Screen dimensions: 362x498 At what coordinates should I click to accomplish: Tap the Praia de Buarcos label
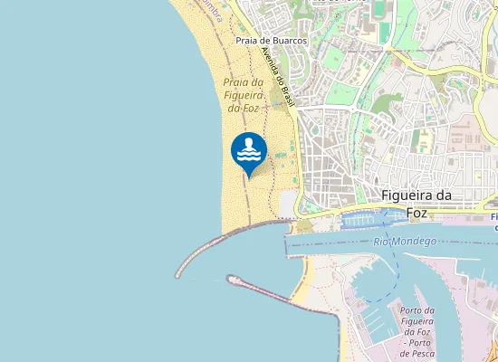pos(271,41)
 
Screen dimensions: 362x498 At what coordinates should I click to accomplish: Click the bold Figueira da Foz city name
pos(417,205)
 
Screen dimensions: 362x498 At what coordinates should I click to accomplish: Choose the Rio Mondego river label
pos(405,242)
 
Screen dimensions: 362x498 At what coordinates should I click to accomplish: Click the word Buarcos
pos(288,41)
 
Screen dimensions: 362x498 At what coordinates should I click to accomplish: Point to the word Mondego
pos(416,242)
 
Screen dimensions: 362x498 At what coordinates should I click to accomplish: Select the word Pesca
pos(426,354)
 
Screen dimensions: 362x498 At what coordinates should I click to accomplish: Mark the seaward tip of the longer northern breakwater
pos(178,273)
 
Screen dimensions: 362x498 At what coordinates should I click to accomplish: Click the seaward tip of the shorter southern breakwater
pos(230,280)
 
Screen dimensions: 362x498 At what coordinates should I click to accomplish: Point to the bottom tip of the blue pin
pos(249,176)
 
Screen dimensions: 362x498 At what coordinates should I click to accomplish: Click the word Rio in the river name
pos(381,243)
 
